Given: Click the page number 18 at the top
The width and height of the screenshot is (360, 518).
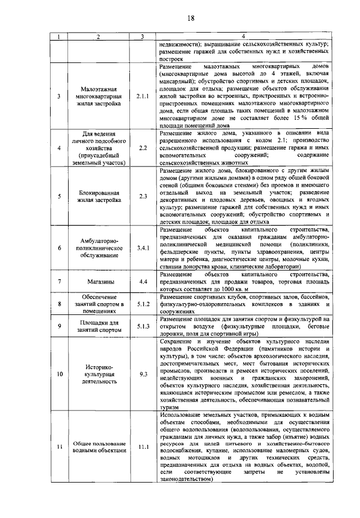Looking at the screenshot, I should [x=190, y=19].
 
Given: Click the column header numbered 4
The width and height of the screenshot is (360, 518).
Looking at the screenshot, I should [x=242, y=37].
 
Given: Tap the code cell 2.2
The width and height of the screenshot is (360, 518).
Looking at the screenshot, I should [x=143, y=148].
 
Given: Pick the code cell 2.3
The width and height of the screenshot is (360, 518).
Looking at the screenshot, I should [x=143, y=196].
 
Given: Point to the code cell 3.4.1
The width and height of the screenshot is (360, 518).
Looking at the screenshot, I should [x=143, y=248].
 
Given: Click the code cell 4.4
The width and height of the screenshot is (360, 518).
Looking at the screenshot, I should [x=143, y=280].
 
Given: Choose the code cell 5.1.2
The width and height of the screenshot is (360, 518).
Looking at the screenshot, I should [x=143, y=304].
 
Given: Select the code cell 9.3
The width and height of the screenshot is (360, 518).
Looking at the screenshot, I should [x=143, y=373].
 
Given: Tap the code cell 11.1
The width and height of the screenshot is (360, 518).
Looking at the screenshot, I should [x=143, y=447].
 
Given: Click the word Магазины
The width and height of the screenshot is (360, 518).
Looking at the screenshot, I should [x=98, y=281].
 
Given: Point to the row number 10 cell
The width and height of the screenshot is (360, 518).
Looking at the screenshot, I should [x=59, y=373].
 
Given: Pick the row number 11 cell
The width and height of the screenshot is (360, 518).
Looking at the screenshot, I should [x=59, y=447].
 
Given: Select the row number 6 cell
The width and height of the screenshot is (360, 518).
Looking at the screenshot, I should [x=59, y=248].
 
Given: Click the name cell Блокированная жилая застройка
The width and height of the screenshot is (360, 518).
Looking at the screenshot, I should [x=98, y=196].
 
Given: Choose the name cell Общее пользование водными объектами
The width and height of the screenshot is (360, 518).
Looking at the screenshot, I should [x=98, y=447].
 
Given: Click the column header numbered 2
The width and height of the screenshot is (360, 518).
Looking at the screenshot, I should [x=98, y=37].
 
